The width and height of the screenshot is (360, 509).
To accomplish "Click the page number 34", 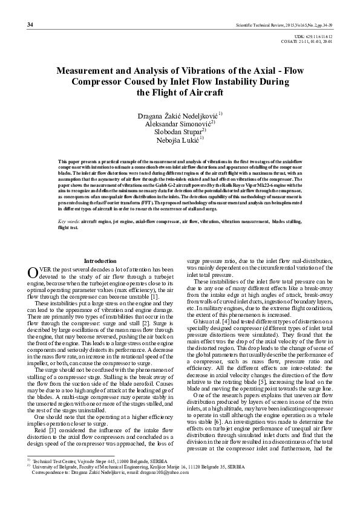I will tap(30, 25).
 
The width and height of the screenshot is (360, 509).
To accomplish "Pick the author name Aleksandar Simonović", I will tap(178, 123).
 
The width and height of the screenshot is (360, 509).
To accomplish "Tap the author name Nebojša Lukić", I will tap(179, 140).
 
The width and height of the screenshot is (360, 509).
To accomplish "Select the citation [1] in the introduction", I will tap(155, 297).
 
